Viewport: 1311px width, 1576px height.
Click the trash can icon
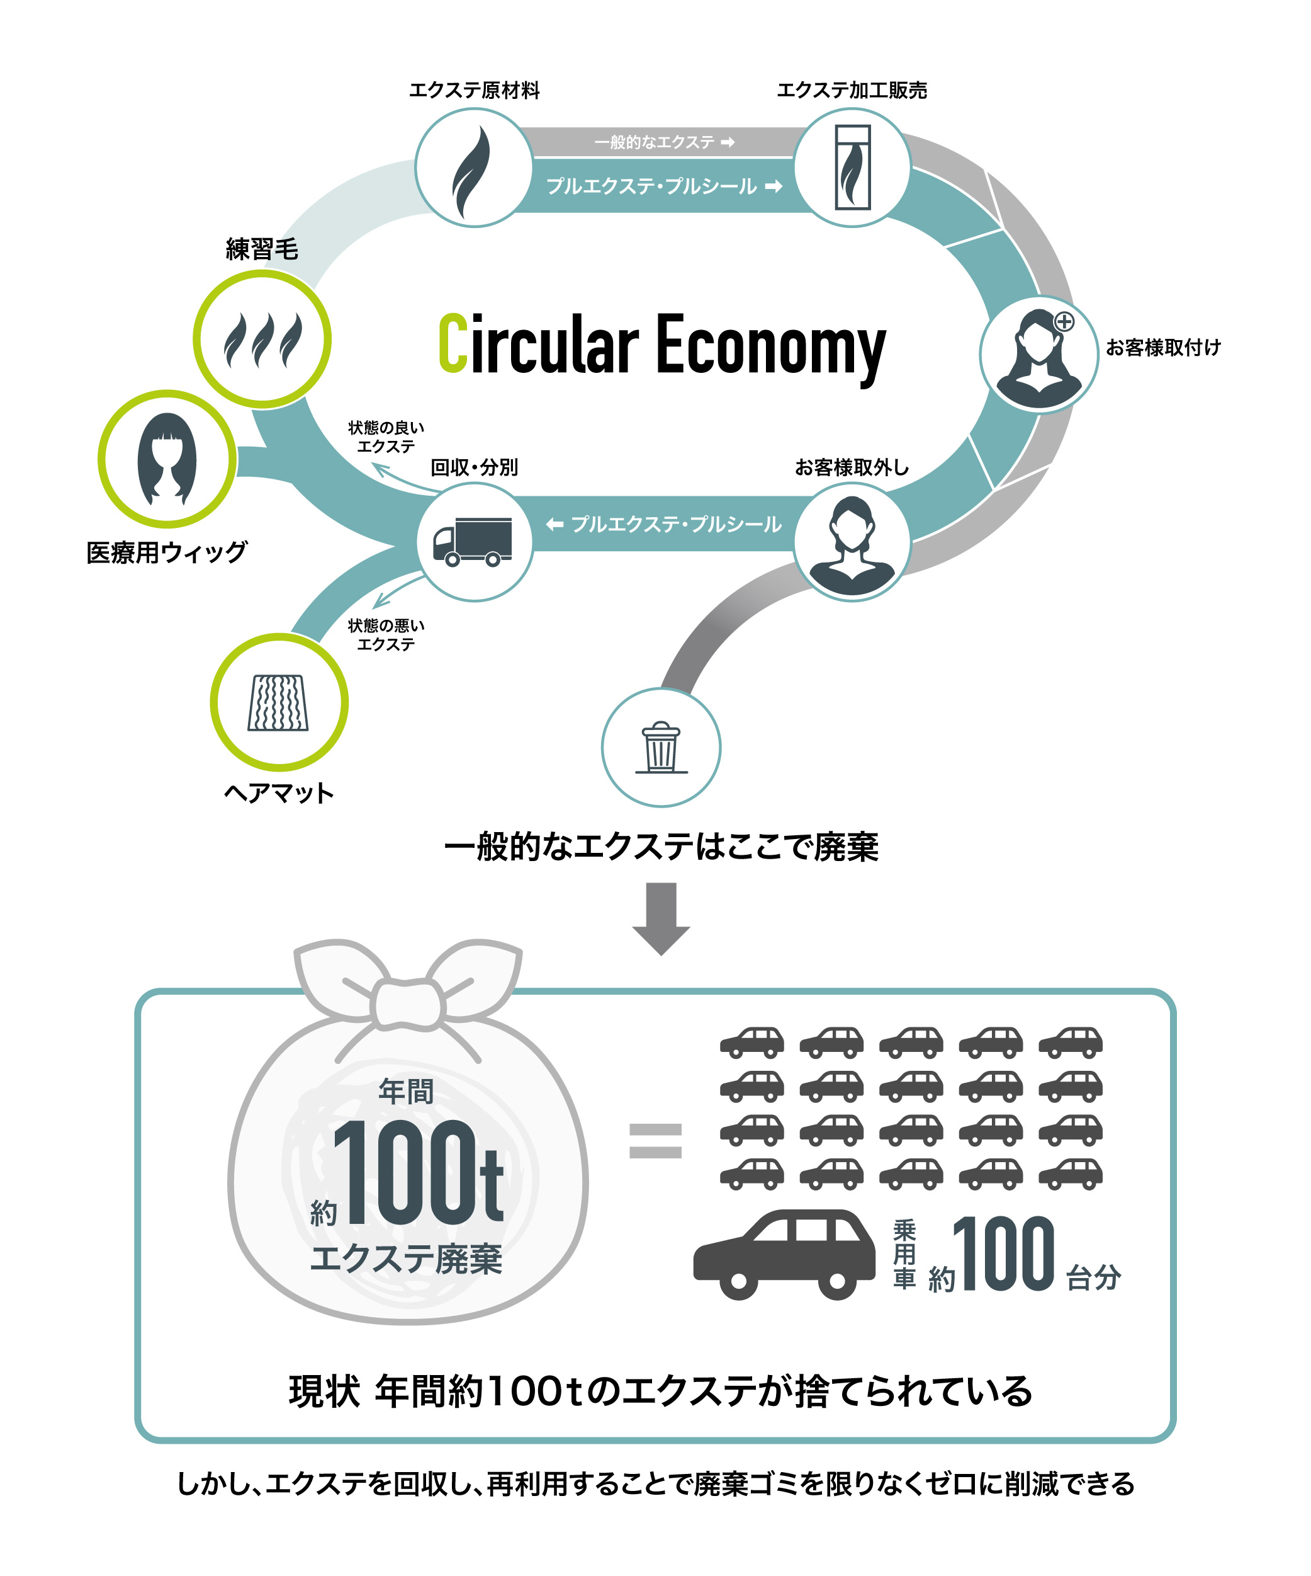point(661,748)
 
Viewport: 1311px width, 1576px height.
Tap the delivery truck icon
point(473,541)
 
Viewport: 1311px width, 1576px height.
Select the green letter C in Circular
point(453,344)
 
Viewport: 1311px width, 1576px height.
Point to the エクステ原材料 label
point(474,91)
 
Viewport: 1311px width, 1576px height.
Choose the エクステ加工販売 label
point(852,91)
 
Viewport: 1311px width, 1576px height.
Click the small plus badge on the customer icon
point(1064,322)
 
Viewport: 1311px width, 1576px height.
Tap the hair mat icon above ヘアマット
point(278,702)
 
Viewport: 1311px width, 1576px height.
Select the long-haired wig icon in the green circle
point(167,459)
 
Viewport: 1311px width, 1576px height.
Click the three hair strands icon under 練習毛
point(262,340)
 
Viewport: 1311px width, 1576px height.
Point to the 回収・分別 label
point(474,467)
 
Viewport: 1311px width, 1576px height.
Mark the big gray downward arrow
point(661,918)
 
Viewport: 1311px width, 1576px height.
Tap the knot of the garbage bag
point(408,1004)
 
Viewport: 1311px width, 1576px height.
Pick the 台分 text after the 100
point(1093,1277)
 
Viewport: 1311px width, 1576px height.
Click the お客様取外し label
point(852,467)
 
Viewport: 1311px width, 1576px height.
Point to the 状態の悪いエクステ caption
point(386,635)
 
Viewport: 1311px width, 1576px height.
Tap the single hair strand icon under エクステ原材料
point(473,172)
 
